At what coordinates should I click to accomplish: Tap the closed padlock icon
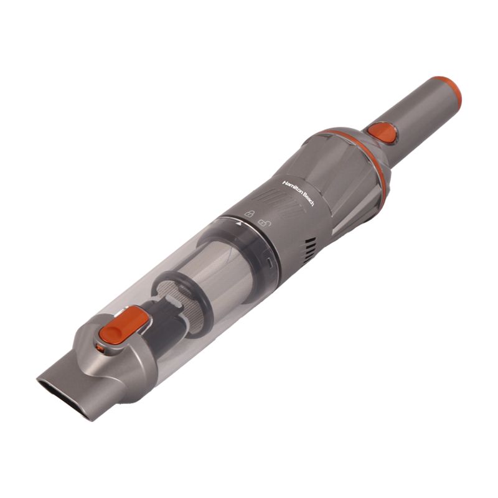(x=249, y=214)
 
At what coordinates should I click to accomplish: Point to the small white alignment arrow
(x=239, y=224)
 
